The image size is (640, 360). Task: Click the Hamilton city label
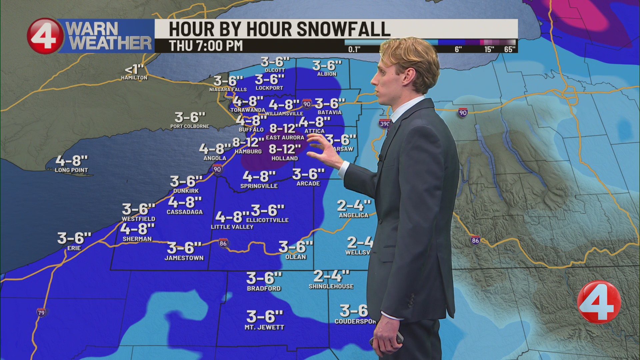click(x=134, y=78)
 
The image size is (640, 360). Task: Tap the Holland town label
click(x=284, y=158)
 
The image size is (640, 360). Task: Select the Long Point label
click(x=71, y=170)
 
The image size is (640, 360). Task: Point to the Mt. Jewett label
click(x=264, y=327)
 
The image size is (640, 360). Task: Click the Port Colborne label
click(x=190, y=126)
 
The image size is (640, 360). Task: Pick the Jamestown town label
click(x=184, y=258)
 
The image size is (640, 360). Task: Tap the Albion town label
click(x=327, y=74)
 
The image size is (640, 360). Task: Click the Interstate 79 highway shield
click(x=41, y=313)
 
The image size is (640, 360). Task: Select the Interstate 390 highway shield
click(x=385, y=124)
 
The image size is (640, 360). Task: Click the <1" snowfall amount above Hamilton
click(x=134, y=70)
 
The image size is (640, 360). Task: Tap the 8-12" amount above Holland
click(x=285, y=149)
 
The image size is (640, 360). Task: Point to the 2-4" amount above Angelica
click(x=354, y=206)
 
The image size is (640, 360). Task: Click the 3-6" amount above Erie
click(x=74, y=238)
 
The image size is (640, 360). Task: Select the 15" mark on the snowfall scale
click(x=489, y=49)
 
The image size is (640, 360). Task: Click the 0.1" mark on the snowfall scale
click(x=354, y=49)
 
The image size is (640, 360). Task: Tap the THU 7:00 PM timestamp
click(x=206, y=46)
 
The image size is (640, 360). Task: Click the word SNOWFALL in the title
click(x=343, y=29)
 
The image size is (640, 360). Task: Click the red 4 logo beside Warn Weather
click(x=45, y=36)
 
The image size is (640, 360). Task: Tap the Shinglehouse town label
click(x=331, y=286)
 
